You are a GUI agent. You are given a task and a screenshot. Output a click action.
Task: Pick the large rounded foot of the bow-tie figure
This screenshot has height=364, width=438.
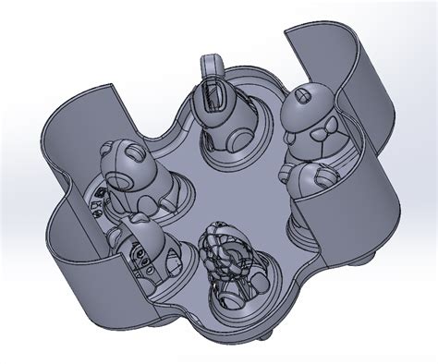[310, 181]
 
